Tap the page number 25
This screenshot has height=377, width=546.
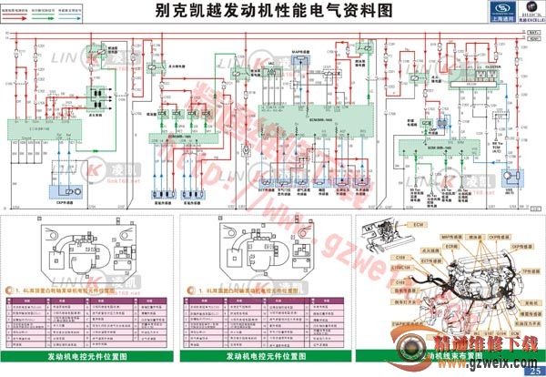click(532, 369)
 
